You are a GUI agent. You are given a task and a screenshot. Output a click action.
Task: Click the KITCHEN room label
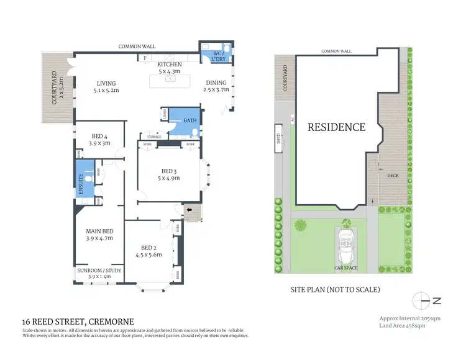click(x=169, y=65)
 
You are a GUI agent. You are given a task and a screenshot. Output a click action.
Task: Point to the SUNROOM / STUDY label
click(x=99, y=271)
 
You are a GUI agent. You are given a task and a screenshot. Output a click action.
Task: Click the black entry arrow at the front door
click(x=190, y=210)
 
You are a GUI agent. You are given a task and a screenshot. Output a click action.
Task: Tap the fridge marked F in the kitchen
click(x=144, y=58)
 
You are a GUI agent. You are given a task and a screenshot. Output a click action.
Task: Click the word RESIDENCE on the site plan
click(x=336, y=127)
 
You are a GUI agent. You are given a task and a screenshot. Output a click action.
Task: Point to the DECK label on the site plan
click(x=392, y=176)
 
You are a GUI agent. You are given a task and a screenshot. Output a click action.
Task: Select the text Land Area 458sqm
click(x=402, y=325)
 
